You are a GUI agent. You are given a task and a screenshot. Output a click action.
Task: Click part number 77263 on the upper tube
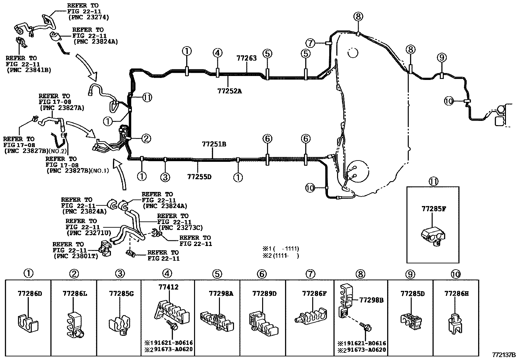pyautogui.click(x=246, y=58)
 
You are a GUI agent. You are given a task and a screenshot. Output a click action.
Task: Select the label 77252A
pyautogui.click(x=229, y=91)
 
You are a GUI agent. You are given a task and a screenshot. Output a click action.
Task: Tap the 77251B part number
pyautogui.click(x=214, y=144)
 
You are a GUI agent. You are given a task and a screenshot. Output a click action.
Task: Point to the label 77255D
pyautogui.click(x=199, y=177)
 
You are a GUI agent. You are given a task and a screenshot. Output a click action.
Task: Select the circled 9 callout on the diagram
pyautogui.click(x=442, y=57)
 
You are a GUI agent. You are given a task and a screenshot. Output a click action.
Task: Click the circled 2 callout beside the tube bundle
pyautogui.click(x=146, y=139)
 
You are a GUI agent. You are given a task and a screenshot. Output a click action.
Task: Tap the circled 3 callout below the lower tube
pyautogui.click(x=165, y=177)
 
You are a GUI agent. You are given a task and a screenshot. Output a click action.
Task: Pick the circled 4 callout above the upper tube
pyautogui.click(x=217, y=53)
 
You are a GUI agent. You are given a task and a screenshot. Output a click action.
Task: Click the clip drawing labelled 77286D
pyautogui.click(x=28, y=323)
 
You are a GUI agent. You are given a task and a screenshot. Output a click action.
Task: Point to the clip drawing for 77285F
pyautogui.click(x=433, y=237)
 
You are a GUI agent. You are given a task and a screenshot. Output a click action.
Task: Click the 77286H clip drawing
pyautogui.click(x=455, y=324)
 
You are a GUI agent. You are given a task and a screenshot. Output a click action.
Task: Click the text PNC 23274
pyautogui.click(x=89, y=17)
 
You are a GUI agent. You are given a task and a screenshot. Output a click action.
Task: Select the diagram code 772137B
pyautogui.click(x=504, y=355)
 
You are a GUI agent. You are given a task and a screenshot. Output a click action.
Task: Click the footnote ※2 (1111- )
pyautogui.click(x=281, y=256)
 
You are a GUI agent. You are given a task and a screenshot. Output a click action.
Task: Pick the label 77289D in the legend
pyautogui.click(x=265, y=294)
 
